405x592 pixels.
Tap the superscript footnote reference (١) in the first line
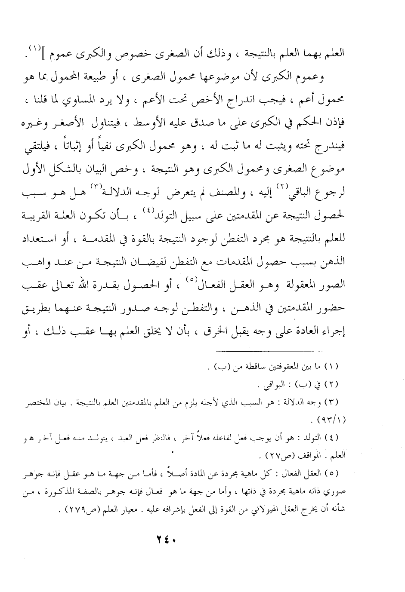(67, 52)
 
